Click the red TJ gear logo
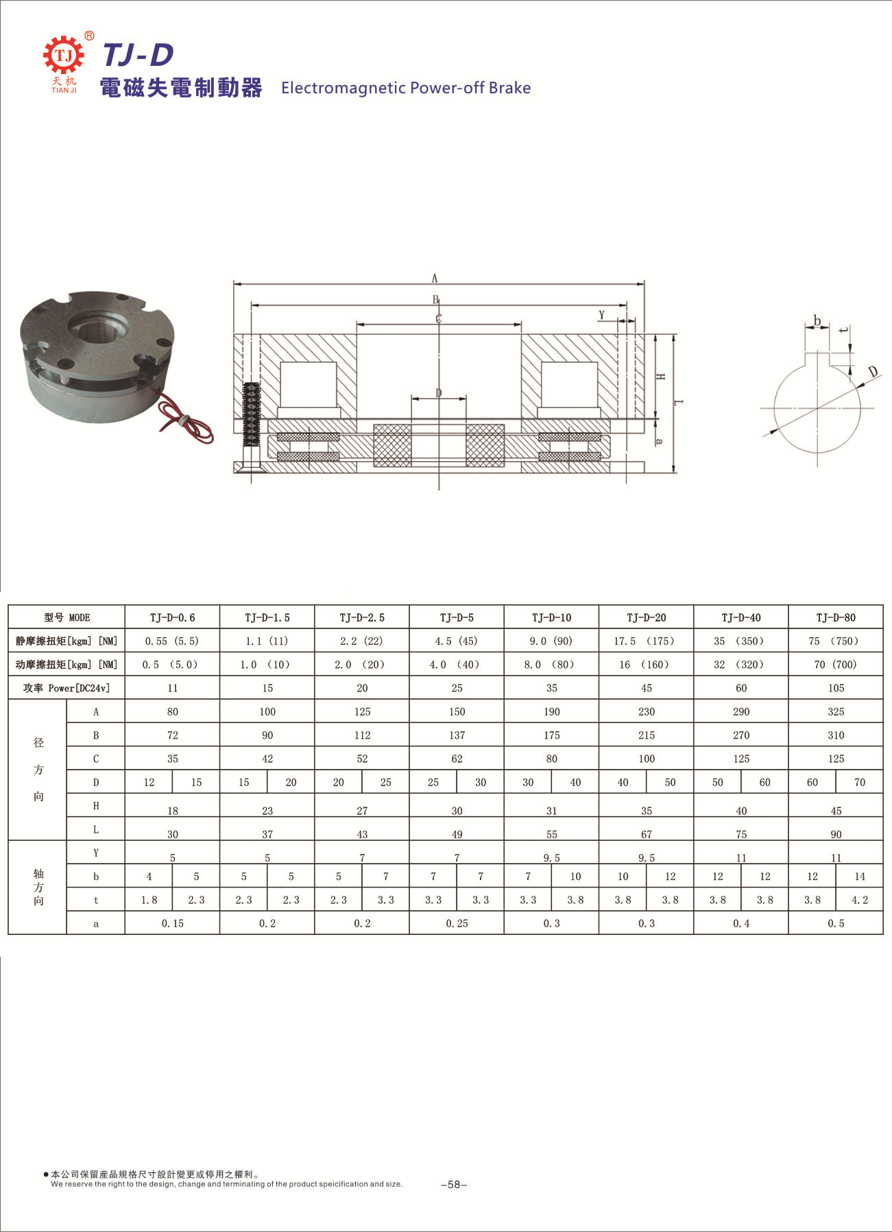tap(63, 55)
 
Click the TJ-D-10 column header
tap(551, 617)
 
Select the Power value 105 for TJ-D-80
tap(836, 688)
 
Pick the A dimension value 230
tap(647, 711)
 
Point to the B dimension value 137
tap(457, 735)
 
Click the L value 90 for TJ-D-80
tap(836, 834)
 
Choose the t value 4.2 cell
tap(860, 900)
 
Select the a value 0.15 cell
tap(173, 923)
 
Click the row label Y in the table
tap(96, 853)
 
